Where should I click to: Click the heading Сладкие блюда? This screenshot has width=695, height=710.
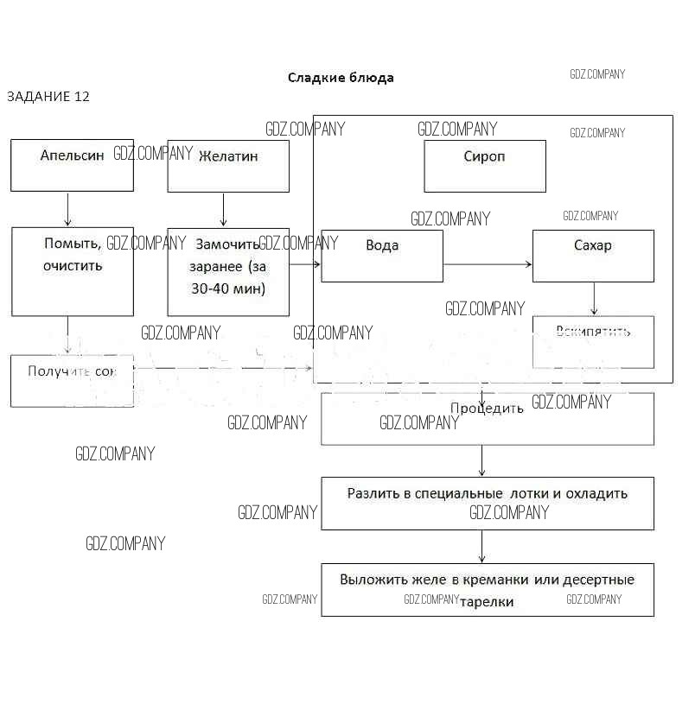[341, 78]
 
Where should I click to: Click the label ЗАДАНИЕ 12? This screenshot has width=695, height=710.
[48, 96]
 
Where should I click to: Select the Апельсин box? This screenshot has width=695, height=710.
[72, 165]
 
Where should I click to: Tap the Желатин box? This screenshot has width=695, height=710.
[228, 166]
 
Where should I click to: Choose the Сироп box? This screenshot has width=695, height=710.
[485, 166]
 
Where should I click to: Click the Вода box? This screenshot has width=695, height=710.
[382, 255]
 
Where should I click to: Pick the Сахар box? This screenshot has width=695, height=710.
[593, 255]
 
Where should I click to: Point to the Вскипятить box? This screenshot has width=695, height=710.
[593, 341]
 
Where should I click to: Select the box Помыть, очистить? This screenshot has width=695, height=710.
[72, 270]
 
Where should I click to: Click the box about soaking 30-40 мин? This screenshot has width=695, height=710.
[228, 270]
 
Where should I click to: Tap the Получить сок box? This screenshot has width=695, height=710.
[72, 380]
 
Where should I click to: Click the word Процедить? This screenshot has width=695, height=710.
[487, 409]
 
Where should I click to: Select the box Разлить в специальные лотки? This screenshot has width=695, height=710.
[488, 503]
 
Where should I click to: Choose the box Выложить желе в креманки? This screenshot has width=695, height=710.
[488, 589]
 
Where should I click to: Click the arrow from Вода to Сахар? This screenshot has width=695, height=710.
[488, 265]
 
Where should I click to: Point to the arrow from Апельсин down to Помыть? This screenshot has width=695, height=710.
[68, 209]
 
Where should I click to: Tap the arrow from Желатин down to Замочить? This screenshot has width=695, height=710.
[224, 210]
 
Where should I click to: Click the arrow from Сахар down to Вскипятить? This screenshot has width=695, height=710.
[594, 299]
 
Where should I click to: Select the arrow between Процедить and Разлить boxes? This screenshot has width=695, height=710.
[481, 460]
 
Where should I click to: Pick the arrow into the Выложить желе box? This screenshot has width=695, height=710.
[481, 547]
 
